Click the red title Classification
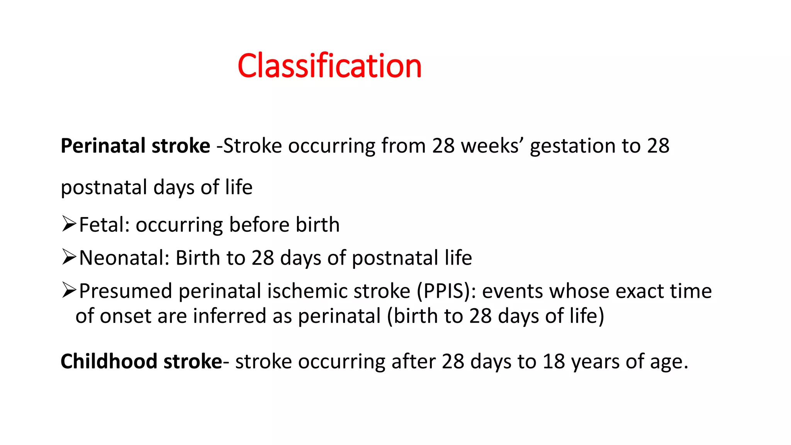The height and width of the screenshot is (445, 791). tap(329, 66)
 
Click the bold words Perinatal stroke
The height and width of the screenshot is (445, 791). tap(135, 146)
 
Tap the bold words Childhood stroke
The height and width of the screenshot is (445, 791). tap(141, 362)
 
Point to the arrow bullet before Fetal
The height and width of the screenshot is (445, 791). tap(69, 224)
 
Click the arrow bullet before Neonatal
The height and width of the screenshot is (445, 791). tap(69, 258)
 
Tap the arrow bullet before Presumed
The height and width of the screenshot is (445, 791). tap(69, 290)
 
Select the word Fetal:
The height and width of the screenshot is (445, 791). tap(104, 225)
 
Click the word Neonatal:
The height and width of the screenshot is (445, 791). tap(124, 258)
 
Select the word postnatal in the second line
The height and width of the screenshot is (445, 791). tap(104, 188)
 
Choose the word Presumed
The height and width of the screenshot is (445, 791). tap(126, 291)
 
